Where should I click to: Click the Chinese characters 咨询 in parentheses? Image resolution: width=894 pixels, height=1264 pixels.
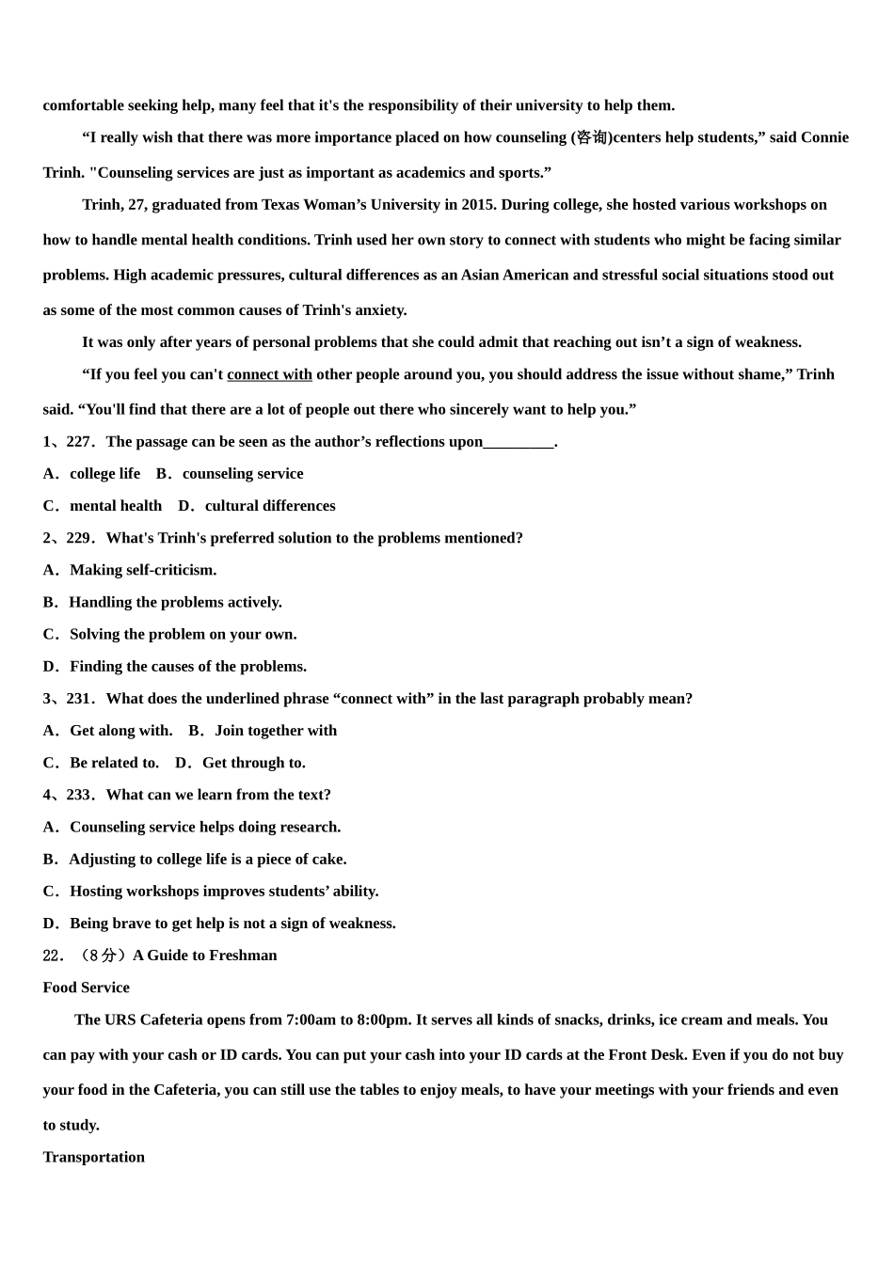coord(591,137)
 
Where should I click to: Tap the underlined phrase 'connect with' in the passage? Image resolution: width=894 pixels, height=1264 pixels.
coord(269,374)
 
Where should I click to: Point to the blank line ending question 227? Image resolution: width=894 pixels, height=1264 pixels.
coord(519,442)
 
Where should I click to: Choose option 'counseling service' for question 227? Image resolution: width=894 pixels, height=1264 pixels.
coord(243,474)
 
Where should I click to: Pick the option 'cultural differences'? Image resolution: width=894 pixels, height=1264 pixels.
coord(270,506)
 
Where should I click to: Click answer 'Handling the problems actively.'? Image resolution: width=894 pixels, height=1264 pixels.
coord(175,602)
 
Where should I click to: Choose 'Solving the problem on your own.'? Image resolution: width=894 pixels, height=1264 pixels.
coord(183,634)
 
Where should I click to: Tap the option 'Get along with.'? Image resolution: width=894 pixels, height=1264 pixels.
coord(120,731)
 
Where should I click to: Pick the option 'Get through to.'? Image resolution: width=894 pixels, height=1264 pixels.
coord(253,763)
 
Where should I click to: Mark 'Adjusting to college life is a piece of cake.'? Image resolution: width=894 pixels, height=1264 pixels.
coord(207,859)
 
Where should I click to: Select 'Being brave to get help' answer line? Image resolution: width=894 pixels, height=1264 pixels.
coord(232,924)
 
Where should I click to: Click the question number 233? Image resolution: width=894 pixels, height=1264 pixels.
coord(79,795)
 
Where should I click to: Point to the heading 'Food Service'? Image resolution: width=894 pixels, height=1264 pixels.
coord(86,987)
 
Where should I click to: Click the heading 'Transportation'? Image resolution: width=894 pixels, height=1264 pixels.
coord(93,1157)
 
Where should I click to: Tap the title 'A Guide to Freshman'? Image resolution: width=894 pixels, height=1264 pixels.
coord(205,956)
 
